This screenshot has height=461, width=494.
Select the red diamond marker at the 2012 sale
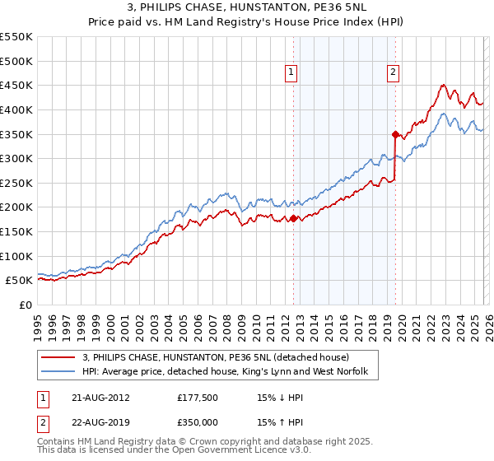point(293,218)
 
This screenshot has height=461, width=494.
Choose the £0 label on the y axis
point(26,305)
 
